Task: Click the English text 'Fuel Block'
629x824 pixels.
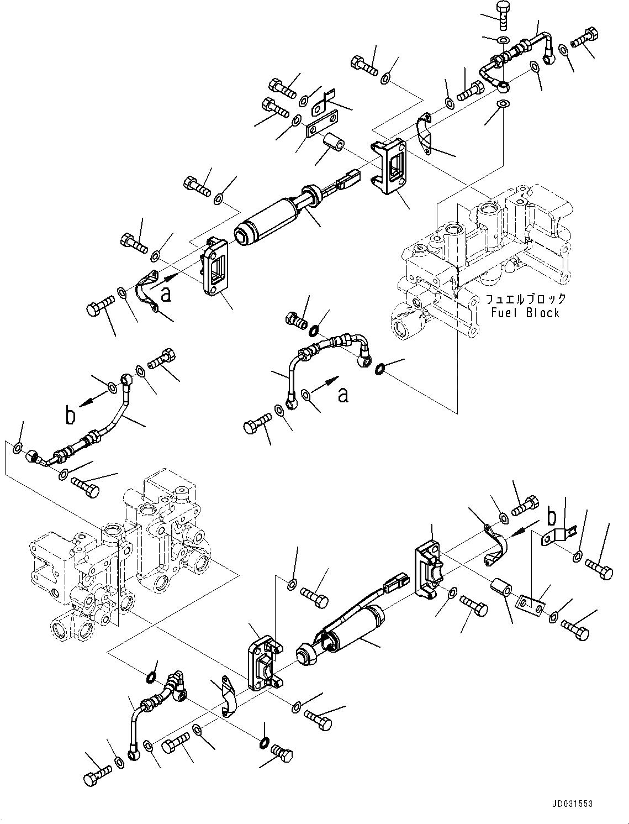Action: click(x=525, y=313)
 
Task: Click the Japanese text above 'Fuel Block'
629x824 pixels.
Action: click(x=526, y=300)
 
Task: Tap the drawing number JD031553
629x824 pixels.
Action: click(x=572, y=803)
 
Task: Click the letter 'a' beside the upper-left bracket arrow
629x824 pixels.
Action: click(x=166, y=295)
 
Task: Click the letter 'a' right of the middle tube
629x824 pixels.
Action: click(x=343, y=394)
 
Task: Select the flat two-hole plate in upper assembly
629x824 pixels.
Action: click(x=321, y=126)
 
